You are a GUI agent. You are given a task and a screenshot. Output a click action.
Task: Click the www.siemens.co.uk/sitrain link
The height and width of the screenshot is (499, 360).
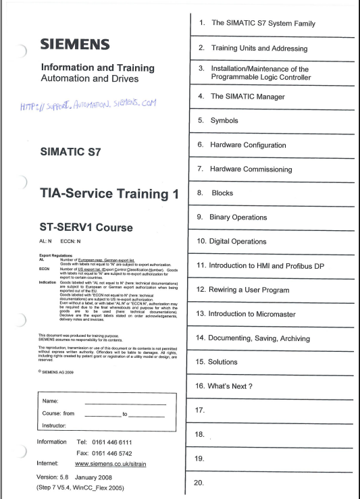pyautogui.click(x=112, y=465)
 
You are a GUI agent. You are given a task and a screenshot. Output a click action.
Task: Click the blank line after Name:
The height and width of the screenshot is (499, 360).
pyautogui.click(x=125, y=403)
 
